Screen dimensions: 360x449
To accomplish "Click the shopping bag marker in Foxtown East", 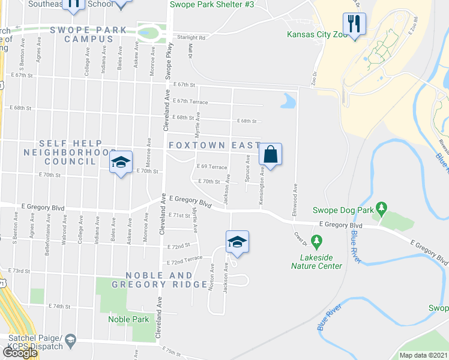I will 271,154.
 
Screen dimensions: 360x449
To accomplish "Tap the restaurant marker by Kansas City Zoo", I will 354,24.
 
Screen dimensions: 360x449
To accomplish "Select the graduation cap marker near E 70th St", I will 121,162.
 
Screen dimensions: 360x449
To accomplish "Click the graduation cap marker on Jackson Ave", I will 237,242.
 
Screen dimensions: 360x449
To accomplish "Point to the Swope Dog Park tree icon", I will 381,209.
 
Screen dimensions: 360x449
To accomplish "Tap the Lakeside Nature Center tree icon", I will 317,241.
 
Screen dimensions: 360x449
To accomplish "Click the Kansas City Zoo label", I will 317,35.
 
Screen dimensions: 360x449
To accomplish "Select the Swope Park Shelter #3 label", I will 212,4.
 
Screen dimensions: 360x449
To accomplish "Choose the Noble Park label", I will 128,319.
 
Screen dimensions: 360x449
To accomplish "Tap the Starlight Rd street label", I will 191,37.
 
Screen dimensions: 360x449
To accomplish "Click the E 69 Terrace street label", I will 212,167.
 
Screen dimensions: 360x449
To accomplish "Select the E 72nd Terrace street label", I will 185,262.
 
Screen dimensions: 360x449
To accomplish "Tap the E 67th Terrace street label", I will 190,102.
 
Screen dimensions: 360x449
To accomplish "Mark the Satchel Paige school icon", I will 70,341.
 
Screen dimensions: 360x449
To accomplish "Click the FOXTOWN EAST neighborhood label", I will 214,145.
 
